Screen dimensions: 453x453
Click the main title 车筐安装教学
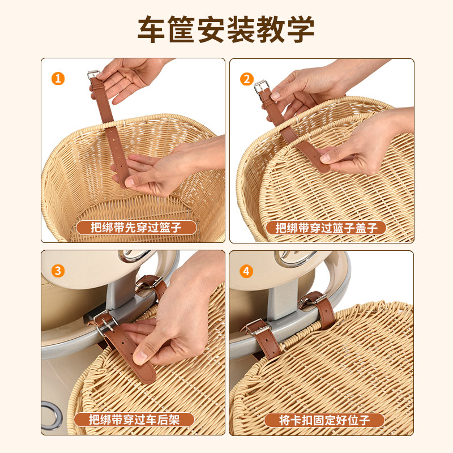click(226, 29)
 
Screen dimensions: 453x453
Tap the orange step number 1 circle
click(58, 79)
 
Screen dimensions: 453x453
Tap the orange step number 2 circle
click(247, 79)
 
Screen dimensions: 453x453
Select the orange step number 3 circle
click(58, 271)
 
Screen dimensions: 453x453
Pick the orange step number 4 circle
click(246, 272)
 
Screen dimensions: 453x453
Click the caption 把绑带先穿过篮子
click(136, 228)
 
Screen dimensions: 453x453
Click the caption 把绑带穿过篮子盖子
click(327, 228)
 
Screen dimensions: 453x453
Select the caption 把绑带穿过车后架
click(134, 420)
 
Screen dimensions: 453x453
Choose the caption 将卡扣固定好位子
click(324, 420)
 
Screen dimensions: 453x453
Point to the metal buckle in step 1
click(93, 75)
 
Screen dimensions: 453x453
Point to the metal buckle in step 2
click(262, 87)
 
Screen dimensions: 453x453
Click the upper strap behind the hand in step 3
click(151, 286)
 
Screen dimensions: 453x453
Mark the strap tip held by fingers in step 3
click(146, 373)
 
